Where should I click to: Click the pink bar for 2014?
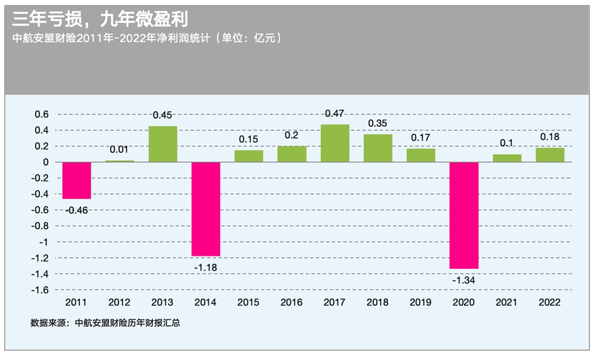tap(206, 208)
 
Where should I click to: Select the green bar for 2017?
tap(335, 143)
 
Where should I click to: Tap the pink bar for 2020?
tap(464, 215)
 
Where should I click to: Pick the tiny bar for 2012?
tap(120, 161)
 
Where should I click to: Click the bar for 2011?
tap(76, 180)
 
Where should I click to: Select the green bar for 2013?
tap(163, 144)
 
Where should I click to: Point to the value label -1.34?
tap(464, 280)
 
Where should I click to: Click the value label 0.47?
tap(335, 113)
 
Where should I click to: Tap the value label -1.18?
tap(206, 268)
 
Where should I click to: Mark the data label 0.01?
tap(120, 149)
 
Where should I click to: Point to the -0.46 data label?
tap(76, 210)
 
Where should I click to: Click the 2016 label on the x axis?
tap(291, 303)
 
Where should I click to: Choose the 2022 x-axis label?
tap(550, 303)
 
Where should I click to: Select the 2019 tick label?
tap(421, 303)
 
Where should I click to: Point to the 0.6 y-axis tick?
tap(41, 114)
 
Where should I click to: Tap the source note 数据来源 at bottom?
tap(105, 322)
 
